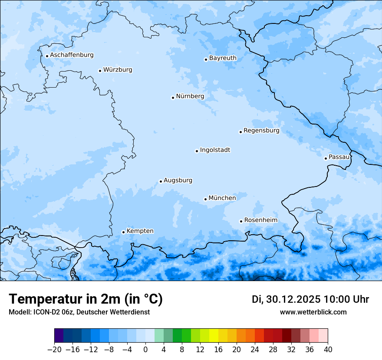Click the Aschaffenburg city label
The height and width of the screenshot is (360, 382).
coord(72,55)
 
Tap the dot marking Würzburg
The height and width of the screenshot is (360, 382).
coord(100,71)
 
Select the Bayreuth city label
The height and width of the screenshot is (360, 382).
coord(223,58)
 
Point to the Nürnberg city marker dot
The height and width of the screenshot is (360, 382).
coord(173,98)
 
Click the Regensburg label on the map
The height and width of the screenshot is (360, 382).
coord(261,130)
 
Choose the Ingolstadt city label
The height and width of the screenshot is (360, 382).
coord(215,150)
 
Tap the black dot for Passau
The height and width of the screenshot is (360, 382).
coord(326,158)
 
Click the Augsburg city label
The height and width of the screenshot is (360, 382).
coord(178,180)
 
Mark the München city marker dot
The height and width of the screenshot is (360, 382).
coord(205,200)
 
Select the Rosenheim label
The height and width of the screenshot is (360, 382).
coord(260,220)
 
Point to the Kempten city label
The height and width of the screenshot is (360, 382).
coord(140,231)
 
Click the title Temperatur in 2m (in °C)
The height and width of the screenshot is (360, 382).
coord(86,299)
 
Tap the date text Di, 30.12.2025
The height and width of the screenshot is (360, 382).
coord(286,299)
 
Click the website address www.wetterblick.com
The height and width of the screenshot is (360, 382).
coord(313,312)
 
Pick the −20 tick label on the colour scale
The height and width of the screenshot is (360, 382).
coord(54,350)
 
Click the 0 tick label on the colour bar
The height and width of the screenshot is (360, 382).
coord(145,350)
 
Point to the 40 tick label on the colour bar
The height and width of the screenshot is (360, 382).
coord(328,350)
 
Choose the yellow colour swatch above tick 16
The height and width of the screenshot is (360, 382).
coord(218,336)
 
